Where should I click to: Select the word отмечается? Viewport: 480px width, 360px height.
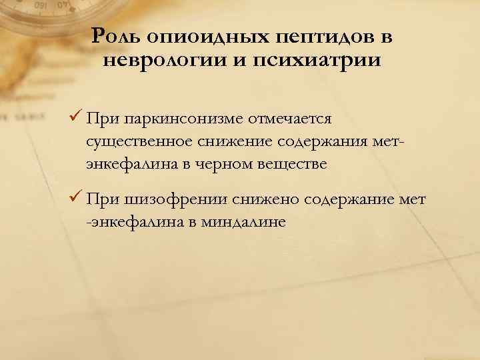click(x=289, y=119)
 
